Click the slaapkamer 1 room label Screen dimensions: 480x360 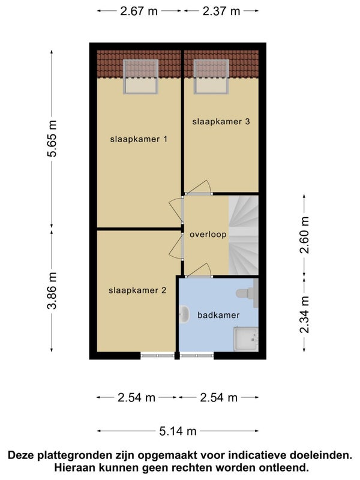pos(138,139)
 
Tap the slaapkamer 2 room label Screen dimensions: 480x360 pos(137,290)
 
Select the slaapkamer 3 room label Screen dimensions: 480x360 pos(221,121)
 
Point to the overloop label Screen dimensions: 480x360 pos(208,235)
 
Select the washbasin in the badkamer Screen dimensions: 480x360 pos(184,314)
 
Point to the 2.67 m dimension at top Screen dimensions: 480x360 pos(139,11)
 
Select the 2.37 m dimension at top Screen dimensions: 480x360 pos(221,11)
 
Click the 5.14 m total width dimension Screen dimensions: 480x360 pos(178,431)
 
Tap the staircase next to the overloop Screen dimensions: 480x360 pos(244,235)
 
